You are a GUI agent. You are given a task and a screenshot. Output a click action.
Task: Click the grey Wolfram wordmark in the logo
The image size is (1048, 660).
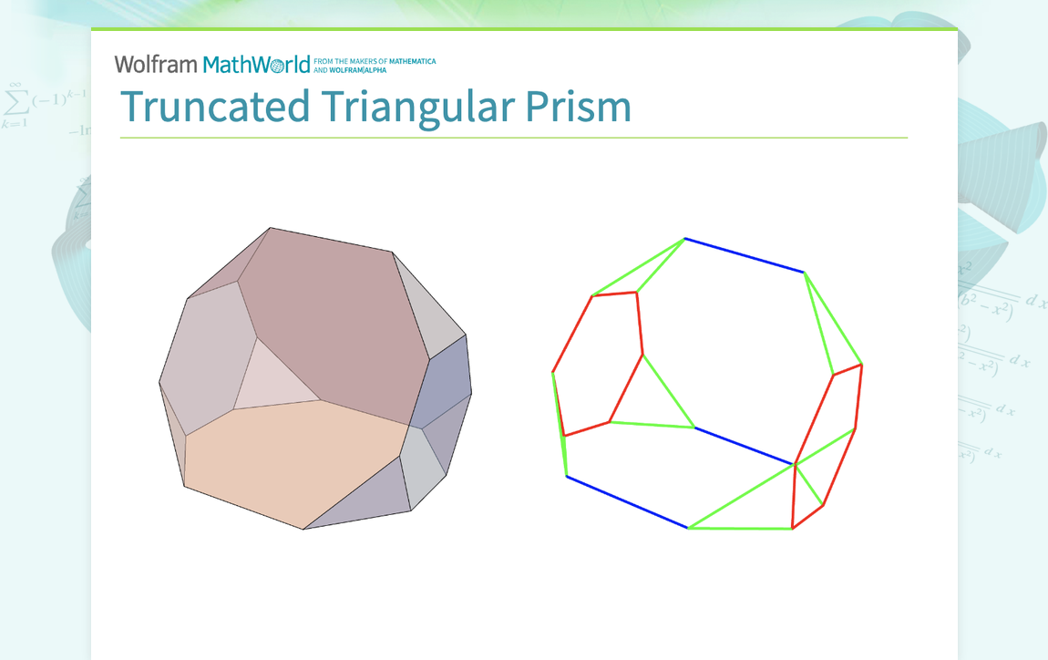(156, 64)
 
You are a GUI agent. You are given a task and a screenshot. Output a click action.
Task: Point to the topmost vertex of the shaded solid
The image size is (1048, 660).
(271, 228)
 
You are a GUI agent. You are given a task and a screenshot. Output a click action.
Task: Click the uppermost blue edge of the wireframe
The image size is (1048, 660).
(744, 255)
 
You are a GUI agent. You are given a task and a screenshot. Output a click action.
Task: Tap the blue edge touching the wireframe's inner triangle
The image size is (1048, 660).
(744, 446)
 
